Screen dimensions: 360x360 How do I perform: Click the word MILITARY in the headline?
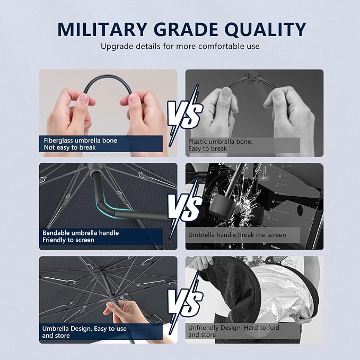coord(102,29)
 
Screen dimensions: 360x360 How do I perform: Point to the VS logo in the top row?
coord(185,115)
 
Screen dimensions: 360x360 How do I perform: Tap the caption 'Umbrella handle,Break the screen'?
coord(237,235)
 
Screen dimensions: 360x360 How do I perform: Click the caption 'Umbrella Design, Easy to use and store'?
coord(84,332)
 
